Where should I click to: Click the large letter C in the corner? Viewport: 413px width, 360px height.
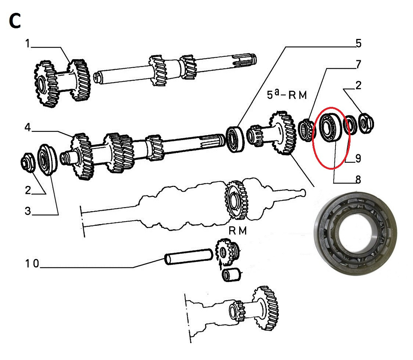pyautogui.click(x=15, y=21)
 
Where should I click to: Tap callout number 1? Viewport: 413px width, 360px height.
pyautogui.click(x=28, y=43)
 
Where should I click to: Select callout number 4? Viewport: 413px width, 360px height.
pyautogui.click(x=28, y=127)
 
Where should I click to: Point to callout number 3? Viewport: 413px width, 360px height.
pyautogui.click(x=28, y=211)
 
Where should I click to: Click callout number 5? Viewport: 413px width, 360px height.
pyautogui.click(x=359, y=43)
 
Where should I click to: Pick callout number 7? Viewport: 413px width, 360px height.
pyautogui.click(x=358, y=64)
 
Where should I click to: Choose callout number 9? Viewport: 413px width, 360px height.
pyautogui.click(x=358, y=158)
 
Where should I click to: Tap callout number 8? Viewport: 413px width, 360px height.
pyautogui.click(x=358, y=180)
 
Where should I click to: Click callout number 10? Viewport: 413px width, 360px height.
pyautogui.click(x=32, y=263)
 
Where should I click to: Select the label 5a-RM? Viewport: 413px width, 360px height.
pyautogui.click(x=287, y=94)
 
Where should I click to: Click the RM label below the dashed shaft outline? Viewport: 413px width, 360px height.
pyautogui.click(x=238, y=231)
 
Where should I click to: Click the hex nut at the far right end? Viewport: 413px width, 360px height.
pyautogui.click(x=366, y=123)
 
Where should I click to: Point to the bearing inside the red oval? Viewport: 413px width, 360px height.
pyautogui.click(x=330, y=127)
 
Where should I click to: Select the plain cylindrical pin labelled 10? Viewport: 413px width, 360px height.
pyautogui.click(x=188, y=256)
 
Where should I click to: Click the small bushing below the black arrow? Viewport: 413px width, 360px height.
pyautogui.click(x=231, y=275)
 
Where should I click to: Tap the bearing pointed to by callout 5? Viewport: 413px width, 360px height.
pyautogui.click(x=235, y=139)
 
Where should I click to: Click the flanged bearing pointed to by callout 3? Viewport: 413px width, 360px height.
pyautogui.click(x=47, y=159)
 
